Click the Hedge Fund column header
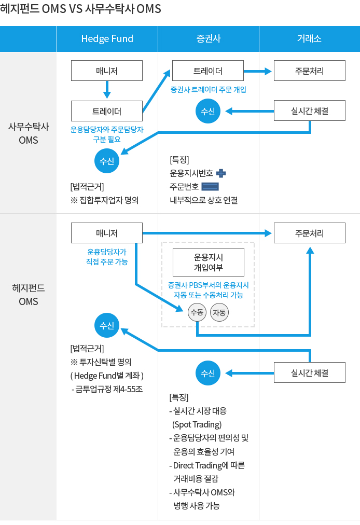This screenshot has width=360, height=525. (x=107, y=38)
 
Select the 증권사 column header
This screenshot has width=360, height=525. (x=208, y=38)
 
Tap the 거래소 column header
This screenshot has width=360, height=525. (x=309, y=38)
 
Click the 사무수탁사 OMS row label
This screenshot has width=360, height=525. (x=28, y=133)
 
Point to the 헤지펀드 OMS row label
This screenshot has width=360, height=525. (x=28, y=295)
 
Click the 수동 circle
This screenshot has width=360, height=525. (x=197, y=312)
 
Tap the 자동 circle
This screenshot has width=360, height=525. (x=219, y=312)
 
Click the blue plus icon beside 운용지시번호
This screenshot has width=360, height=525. (x=220, y=174)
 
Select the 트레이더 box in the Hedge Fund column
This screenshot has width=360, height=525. (x=107, y=110)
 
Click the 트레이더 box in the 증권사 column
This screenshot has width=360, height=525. (x=208, y=71)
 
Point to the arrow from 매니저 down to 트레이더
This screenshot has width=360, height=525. (x=107, y=89)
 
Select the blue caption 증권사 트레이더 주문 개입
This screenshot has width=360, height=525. (x=208, y=89)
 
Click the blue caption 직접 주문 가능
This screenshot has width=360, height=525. (x=106, y=262)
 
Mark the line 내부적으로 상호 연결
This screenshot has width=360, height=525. (x=203, y=200)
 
